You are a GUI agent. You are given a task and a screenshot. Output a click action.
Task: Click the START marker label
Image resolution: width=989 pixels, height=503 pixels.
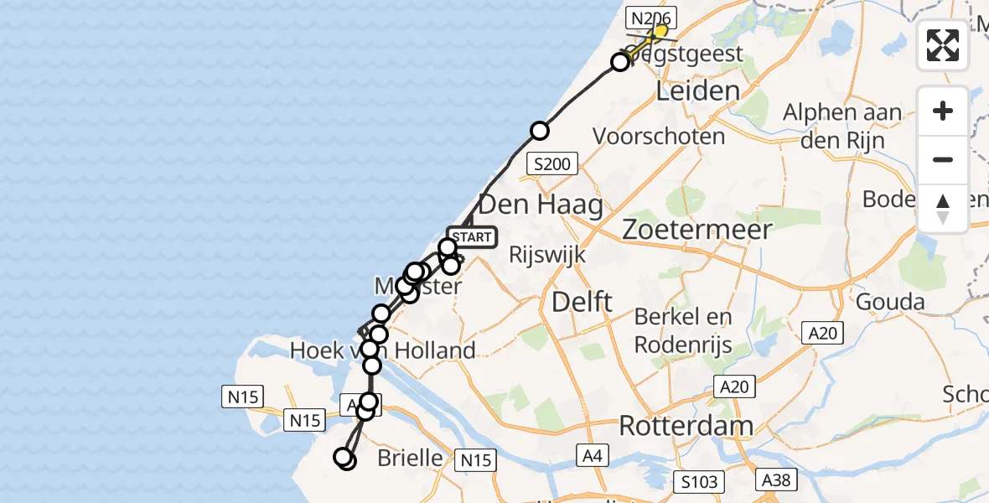pyautogui.click(x=473, y=237)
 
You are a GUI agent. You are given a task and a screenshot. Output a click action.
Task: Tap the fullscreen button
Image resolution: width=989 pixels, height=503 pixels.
pyautogui.click(x=943, y=45)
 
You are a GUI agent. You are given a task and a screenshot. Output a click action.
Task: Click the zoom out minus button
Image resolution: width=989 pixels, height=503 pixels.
pyautogui.click(x=943, y=159)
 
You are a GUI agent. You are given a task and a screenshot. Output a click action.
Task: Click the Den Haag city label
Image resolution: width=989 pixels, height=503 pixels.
pyautogui.click(x=540, y=205)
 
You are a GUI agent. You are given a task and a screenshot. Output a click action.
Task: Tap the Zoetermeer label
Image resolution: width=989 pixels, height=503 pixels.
pyautogui.click(x=697, y=229)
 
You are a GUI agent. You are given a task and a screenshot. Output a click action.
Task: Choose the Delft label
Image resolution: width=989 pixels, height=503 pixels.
pyautogui.click(x=583, y=302)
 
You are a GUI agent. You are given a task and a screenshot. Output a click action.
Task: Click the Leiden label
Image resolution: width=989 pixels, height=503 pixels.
pyautogui.click(x=697, y=91)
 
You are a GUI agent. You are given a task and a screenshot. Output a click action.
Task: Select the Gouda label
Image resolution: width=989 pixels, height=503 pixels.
pyautogui.click(x=890, y=302)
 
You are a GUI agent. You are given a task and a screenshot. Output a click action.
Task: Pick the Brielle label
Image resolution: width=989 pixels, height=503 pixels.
pyautogui.click(x=410, y=458)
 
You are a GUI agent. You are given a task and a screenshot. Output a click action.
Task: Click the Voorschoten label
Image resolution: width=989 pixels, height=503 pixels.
pyautogui.click(x=658, y=135)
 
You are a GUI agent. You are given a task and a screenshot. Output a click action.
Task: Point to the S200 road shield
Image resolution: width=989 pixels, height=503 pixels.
pyautogui.click(x=551, y=164)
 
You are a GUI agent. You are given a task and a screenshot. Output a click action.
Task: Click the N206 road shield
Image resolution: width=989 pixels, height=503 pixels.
pyautogui.click(x=652, y=17)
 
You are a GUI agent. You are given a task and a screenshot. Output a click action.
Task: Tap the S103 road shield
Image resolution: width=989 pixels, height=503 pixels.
pyautogui.click(x=698, y=481)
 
